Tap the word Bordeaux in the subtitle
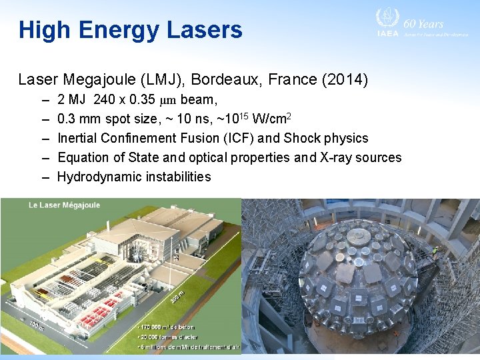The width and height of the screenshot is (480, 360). (219, 80)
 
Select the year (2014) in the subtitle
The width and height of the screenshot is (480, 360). (345, 80)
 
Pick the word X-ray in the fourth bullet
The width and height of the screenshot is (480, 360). (345, 157)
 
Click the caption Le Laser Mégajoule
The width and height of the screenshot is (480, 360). (64, 205)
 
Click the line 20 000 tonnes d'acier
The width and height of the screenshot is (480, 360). (171, 337)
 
